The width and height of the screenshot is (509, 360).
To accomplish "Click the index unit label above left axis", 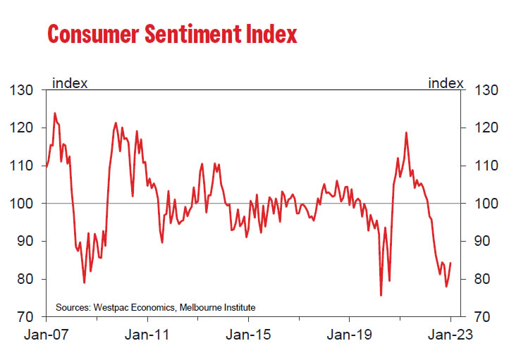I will pyautogui.click(x=70, y=83).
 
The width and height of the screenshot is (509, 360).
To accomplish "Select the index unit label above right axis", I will pyautogui.click(x=446, y=83).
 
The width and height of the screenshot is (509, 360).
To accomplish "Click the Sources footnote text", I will pyautogui.click(x=155, y=307).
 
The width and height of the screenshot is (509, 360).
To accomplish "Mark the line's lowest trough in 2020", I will pyautogui.click(x=381, y=295).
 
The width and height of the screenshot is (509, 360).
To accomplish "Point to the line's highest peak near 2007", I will pyautogui.click(x=55, y=113).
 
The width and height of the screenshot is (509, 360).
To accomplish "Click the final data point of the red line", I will pyautogui.click(x=450, y=263).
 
